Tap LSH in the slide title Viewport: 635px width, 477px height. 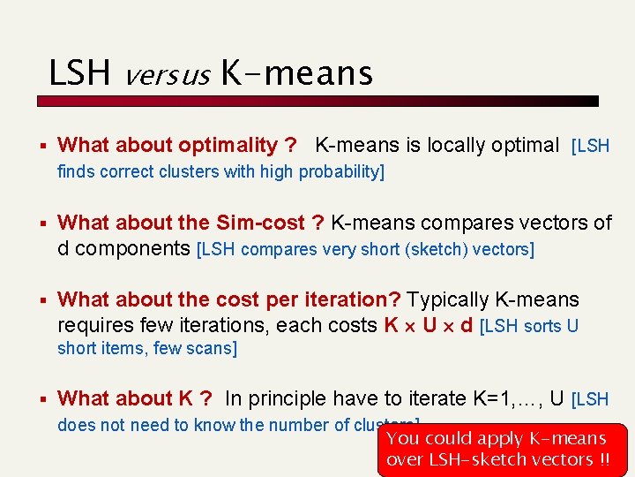pyautogui.click(x=80, y=73)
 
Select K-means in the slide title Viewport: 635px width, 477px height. pyautogui.click(x=295, y=73)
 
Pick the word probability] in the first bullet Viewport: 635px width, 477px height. pyautogui.click(x=341, y=171)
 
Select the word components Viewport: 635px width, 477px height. pyautogui.click(x=133, y=248)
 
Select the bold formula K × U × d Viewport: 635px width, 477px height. pyautogui.click(x=428, y=325)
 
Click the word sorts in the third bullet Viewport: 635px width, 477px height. pyautogui.click(x=542, y=326)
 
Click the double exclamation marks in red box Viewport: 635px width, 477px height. pyautogui.click(x=603, y=459)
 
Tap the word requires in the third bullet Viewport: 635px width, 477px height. pyautogui.click(x=95, y=325)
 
